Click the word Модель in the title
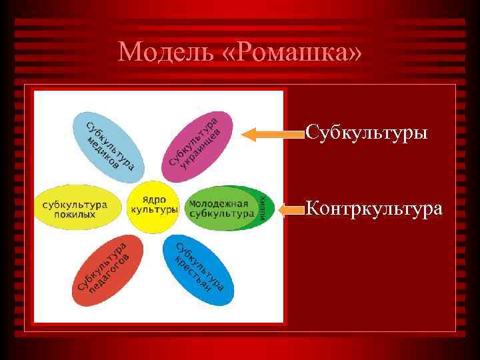[163, 51]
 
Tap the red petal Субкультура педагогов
[107, 270]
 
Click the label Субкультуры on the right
[366, 133]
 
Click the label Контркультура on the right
[373, 209]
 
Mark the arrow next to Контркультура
[291, 211]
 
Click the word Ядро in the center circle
[154, 199]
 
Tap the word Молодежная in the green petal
[218, 203]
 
